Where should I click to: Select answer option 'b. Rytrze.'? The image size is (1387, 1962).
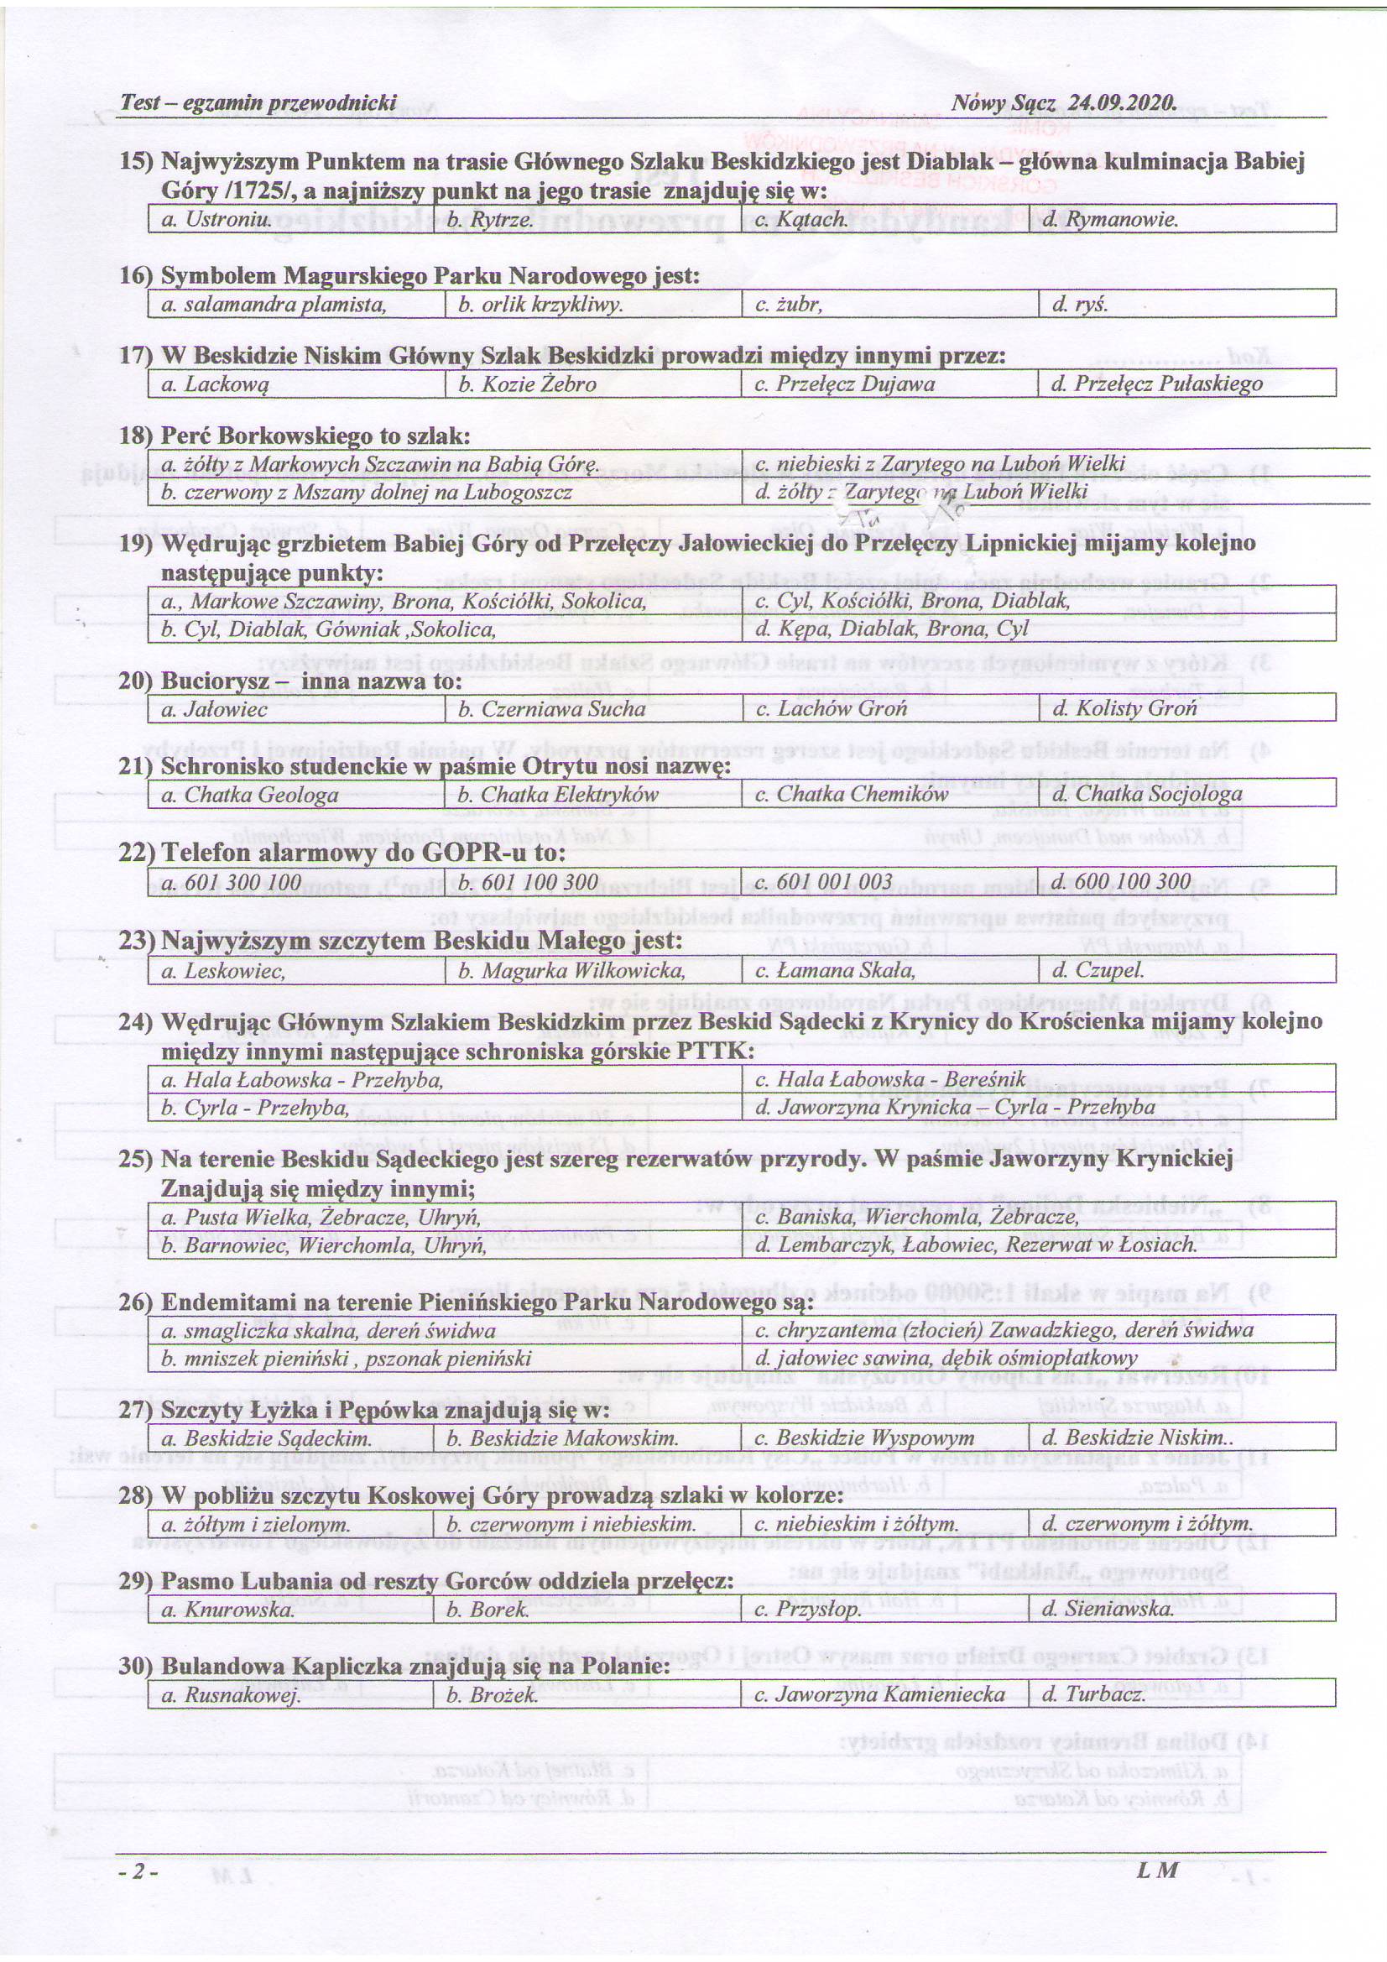point(496,219)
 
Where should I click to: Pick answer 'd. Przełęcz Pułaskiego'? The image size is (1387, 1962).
point(1156,384)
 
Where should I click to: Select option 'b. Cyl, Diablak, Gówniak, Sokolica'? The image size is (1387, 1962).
point(329,629)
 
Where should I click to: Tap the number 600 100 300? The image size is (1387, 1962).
point(1121,882)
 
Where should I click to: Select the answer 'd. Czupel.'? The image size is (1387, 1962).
point(1098,970)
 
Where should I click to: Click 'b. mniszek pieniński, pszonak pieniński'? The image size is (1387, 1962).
point(346,1359)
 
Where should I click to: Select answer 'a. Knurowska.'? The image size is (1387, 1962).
point(227,1609)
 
